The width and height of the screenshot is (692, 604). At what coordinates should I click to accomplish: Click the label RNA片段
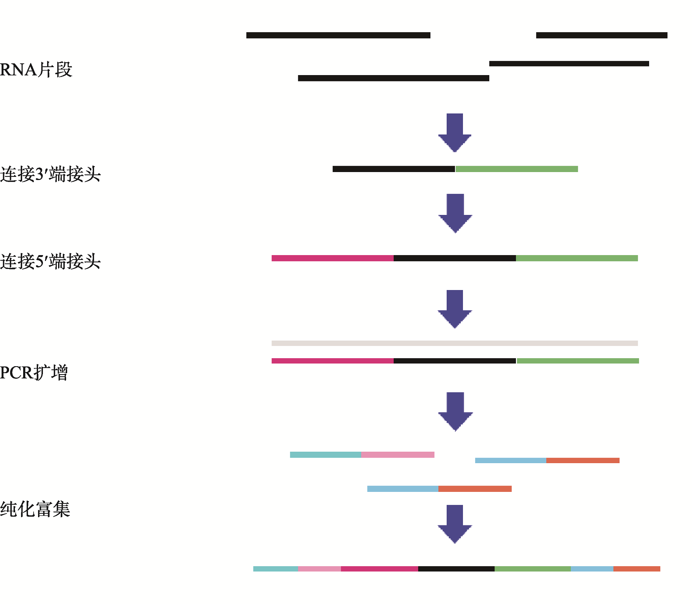coord(36,70)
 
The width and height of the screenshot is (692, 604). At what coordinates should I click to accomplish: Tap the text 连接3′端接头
coord(50,174)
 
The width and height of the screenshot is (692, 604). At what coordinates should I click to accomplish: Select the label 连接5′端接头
coord(50,261)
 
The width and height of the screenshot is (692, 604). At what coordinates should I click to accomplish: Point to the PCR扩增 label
coord(34,372)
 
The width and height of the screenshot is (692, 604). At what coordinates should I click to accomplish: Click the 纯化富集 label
coord(35,509)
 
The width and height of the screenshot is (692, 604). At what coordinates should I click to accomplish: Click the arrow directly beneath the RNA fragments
coord(455,133)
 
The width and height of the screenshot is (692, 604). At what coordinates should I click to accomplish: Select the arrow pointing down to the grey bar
coord(455,309)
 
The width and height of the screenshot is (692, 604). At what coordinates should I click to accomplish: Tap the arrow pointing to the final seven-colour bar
coord(455,524)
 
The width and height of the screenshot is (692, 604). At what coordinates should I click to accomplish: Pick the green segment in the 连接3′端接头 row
coord(517,169)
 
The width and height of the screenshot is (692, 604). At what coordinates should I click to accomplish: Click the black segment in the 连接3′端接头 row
coord(394,169)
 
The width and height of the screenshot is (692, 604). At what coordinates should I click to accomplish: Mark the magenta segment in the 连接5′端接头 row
coord(333,258)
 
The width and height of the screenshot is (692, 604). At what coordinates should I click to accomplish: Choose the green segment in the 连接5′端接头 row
coord(577,258)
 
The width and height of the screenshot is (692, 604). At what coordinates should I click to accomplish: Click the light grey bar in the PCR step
coord(455,343)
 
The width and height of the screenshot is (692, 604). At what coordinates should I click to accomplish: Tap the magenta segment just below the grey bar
coord(333,361)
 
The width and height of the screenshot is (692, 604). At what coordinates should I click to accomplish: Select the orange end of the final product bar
coord(637,569)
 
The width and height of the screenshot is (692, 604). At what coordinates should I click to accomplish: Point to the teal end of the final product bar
coord(275,569)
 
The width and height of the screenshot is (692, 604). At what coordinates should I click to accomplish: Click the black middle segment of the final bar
coord(456,569)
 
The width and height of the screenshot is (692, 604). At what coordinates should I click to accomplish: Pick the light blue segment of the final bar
coord(592,569)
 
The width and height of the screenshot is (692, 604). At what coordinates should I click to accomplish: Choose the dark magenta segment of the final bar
coord(380,569)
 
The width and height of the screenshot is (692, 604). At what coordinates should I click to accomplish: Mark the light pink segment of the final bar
coord(319,569)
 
